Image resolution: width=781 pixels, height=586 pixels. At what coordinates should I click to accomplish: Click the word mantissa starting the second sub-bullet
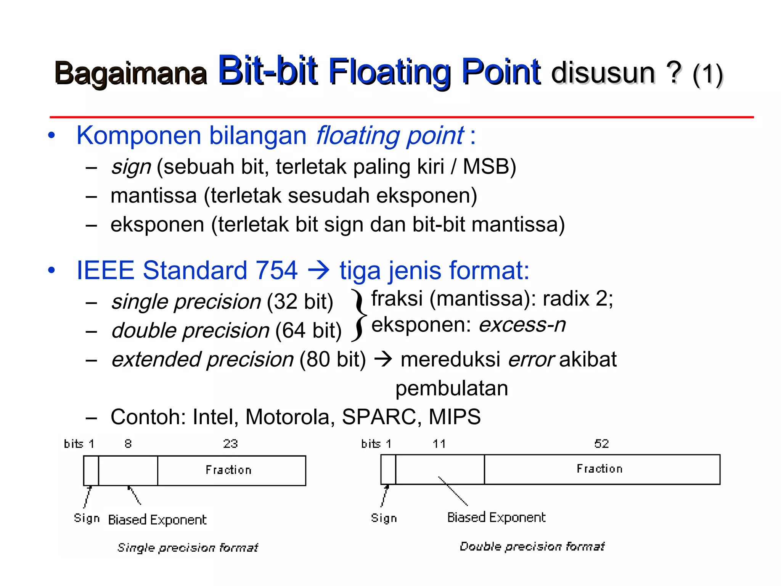point(153,196)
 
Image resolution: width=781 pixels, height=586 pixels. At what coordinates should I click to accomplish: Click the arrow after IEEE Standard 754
point(318,270)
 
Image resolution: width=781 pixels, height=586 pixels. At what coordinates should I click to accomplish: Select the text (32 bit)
point(300,302)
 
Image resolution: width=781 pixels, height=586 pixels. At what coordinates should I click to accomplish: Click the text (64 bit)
point(308,330)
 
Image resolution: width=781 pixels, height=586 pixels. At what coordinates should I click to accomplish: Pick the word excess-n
point(522,325)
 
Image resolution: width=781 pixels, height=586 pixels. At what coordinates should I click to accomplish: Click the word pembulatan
point(452,388)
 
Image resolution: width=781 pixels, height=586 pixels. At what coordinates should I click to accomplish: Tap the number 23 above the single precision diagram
point(230,444)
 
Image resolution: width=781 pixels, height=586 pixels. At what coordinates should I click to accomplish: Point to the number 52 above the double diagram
point(601,444)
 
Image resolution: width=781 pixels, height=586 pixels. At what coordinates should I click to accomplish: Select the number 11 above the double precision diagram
point(439,444)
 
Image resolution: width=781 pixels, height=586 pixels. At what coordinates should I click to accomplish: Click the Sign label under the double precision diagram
point(384,518)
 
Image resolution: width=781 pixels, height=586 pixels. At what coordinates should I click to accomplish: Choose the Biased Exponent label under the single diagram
point(157,520)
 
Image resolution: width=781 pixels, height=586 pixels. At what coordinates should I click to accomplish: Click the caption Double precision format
point(532,546)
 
